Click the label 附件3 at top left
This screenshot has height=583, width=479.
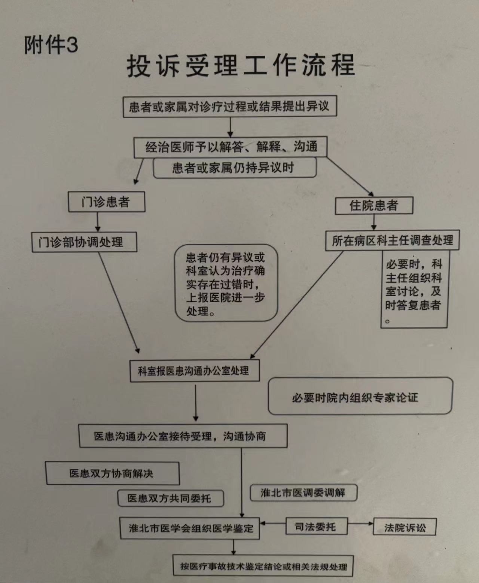click(x=51, y=45)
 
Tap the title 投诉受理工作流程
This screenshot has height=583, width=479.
click(x=240, y=66)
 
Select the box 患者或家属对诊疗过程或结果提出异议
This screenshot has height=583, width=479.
click(x=230, y=107)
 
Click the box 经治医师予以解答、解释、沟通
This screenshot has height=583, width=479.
click(x=231, y=147)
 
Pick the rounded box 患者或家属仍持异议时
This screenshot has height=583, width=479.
click(x=234, y=168)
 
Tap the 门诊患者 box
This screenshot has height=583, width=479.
click(x=106, y=202)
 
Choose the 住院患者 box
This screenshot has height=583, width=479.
click(x=373, y=205)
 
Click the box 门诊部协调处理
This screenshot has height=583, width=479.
click(x=84, y=242)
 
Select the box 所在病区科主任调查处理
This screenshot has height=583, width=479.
click(x=392, y=240)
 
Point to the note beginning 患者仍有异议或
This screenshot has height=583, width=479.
click(x=226, y=283)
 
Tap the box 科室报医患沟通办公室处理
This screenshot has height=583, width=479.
click(x=194, y=371)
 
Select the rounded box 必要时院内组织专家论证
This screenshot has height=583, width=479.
click(x=360, y=396)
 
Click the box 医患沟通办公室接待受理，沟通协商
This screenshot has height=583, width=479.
click(x=183, y=436)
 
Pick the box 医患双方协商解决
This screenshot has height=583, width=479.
click(x=112, y=473)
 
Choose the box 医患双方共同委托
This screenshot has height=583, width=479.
click(x=171, y=498)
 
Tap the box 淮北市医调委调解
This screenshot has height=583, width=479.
click(x=303, y=493)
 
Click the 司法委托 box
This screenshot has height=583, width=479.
click(x=316, y=527)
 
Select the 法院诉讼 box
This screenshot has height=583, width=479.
click(x=405, y=527)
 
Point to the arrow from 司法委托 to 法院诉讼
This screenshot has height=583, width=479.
click(x=360, y=523)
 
